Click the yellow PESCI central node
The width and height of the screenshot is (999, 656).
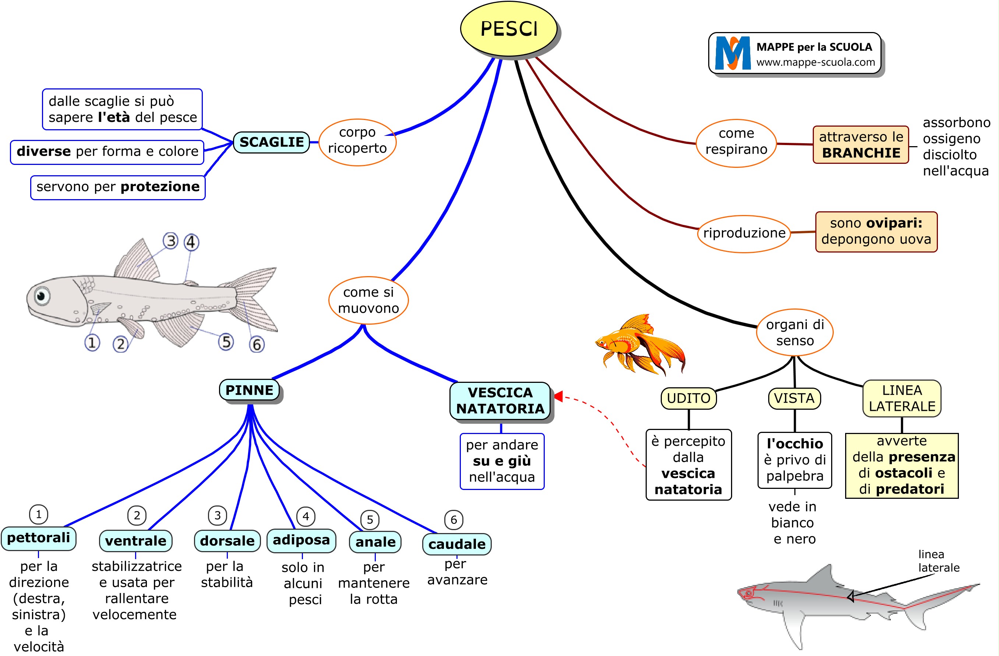(x=508, y=29)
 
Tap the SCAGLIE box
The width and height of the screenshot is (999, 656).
(x=271, y=142)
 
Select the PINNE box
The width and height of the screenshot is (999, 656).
(x=249, y=390)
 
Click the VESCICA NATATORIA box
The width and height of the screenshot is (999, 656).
(x=499, y=401)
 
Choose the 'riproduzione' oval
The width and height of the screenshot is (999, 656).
(x=744, y=233)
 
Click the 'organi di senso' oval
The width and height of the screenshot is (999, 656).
(x=794, y=332)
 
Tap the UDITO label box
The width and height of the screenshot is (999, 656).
(x=688, y=398)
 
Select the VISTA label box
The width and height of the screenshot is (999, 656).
(x=794, y=398)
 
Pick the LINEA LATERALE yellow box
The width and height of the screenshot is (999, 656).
(x=901, y=398)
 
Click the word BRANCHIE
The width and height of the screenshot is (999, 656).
(x=861, y=153)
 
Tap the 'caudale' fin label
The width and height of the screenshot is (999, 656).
(x=457, y=544)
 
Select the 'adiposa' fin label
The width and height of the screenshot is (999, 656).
(x=301, y=540)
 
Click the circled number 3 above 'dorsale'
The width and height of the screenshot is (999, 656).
(x=218, y=515)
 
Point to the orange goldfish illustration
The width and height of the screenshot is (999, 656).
(x=640, y=344)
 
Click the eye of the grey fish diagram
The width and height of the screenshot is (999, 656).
(x=42, y=296)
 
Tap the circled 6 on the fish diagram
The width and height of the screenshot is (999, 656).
(x=257, y=345)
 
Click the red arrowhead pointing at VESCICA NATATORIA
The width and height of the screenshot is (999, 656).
(x=558, y=396)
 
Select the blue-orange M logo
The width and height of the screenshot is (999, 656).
(x=733, y=53)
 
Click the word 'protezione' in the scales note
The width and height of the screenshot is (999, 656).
(x=160, y=187)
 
